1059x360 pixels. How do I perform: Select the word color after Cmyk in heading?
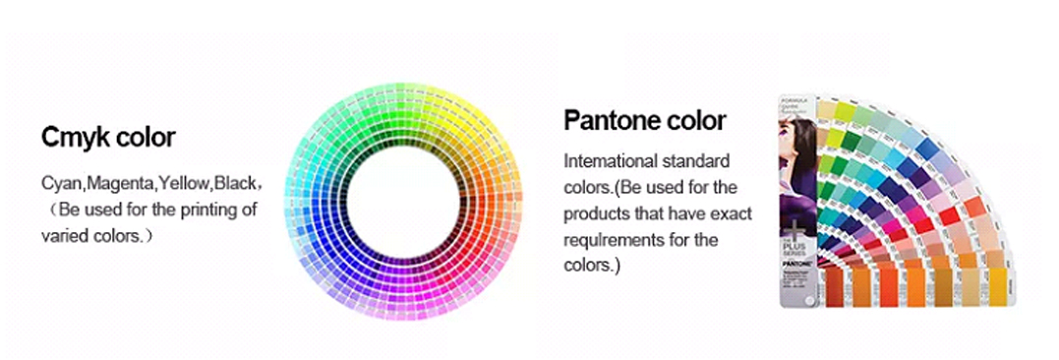(x=145, y=138)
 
